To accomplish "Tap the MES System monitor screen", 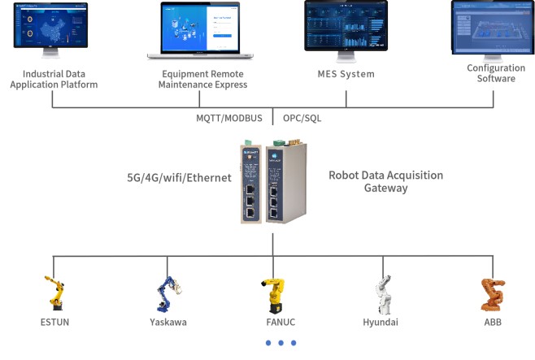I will (346, 27).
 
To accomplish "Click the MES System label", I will (346, 74).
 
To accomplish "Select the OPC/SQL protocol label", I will (302, 118).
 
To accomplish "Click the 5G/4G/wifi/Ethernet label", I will (180, 177).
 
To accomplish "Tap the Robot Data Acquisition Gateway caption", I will (385, 181).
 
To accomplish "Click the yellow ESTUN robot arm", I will (54, 293).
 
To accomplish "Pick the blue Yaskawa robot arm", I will (168, 293).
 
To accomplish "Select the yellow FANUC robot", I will (273, 293).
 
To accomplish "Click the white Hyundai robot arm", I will (383, 293).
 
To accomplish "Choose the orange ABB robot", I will (492, 293).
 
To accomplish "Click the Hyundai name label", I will (382, 322).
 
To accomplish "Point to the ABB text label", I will (493, 322).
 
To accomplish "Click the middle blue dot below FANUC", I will (281, 343).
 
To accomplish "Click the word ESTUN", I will (54, 322).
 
